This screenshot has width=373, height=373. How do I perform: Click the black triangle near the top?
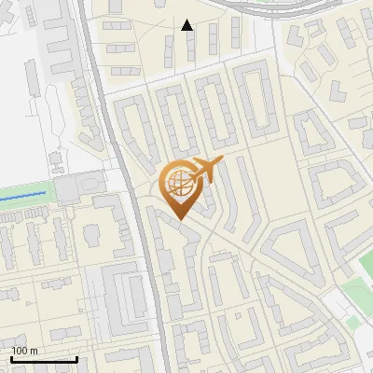point(187,25)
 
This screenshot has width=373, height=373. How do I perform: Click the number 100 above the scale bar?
point(20,351)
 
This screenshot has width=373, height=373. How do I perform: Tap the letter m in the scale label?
point(34,351)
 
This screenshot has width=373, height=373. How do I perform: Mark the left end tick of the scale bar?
point(11,357)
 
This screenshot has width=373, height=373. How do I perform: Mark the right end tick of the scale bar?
point(76,357)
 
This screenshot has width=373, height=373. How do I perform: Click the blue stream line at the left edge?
point(23,196)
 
